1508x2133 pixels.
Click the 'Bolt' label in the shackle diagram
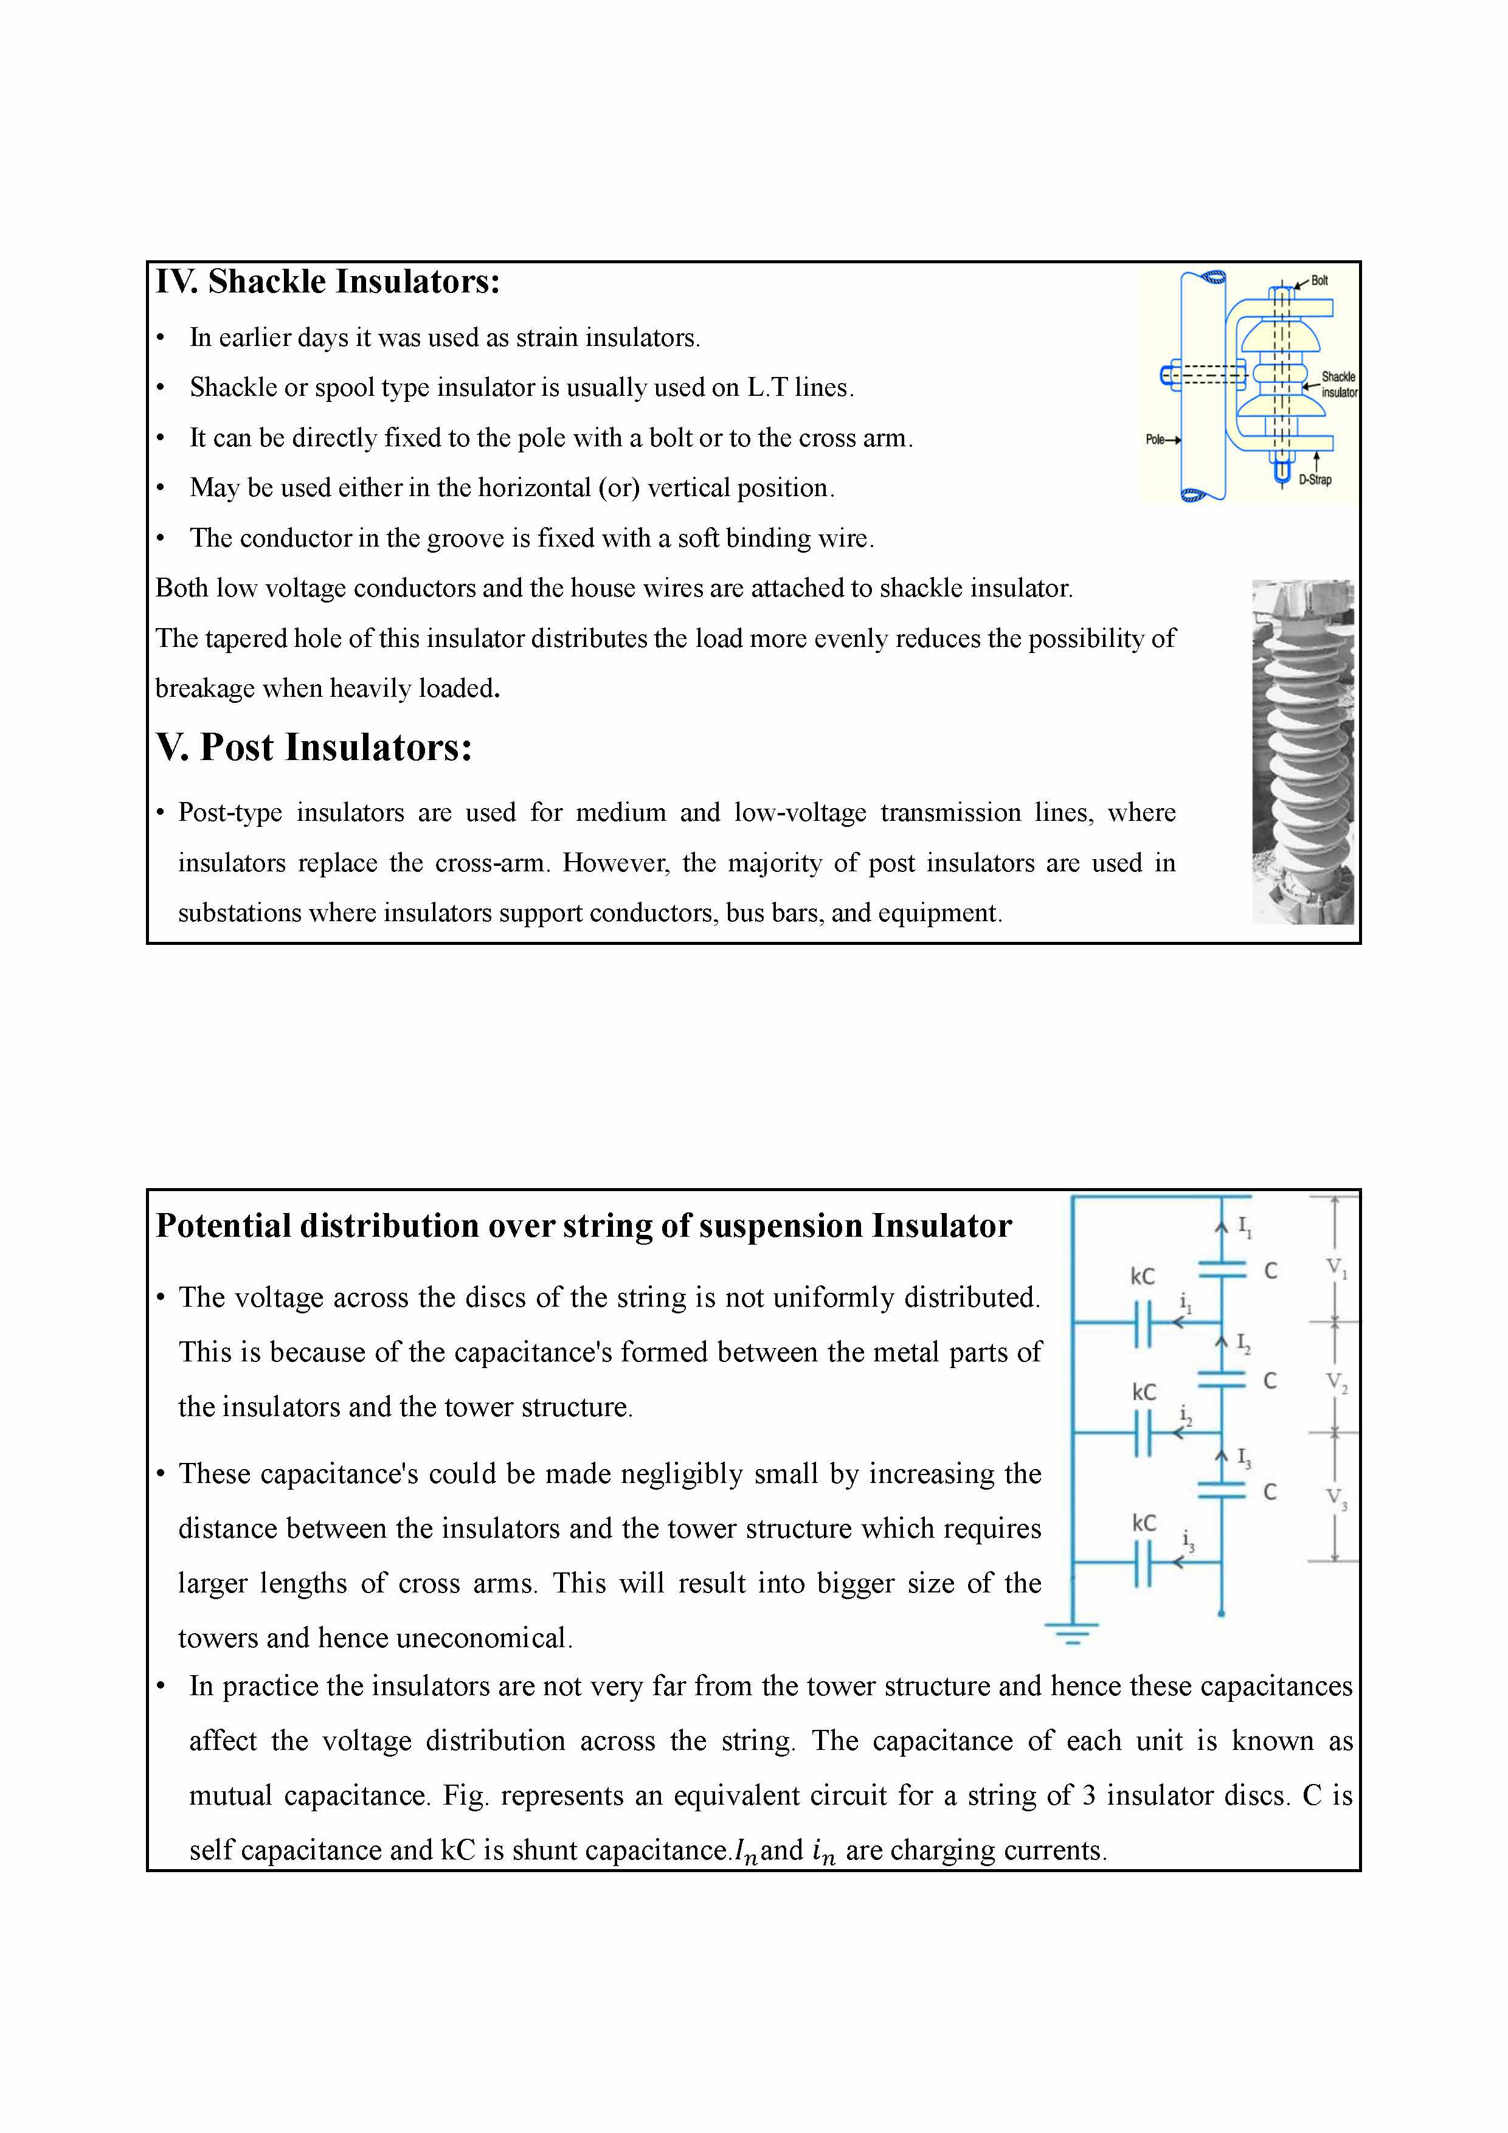point(1319,280)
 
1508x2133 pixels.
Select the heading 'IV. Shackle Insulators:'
point(327,282)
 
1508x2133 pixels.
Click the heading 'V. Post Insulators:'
point(314,747)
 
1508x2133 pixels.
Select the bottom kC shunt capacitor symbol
point(1143,1563)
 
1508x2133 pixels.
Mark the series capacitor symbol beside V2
point(1221,1380)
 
